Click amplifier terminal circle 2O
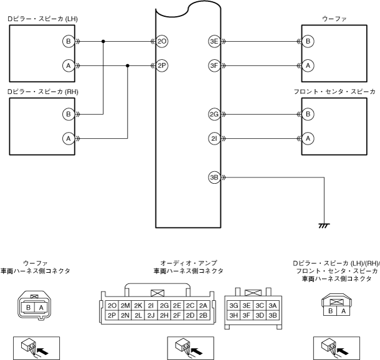pyautogui.click(x=162, y=42)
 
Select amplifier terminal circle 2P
pyautogui.click(x=162, y=65)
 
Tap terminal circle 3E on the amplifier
pyautogui.click(x=214, y=42)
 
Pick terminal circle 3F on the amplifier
pyautogui.click(x=214, y=65)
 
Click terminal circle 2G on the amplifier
pyautogui.click(x=214, y=114)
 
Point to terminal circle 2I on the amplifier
pyautogui.click(x=214, y=138)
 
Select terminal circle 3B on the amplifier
pyautogui.click(x=214, y=178)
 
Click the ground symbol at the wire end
pyautogui.click(x=324, y=226)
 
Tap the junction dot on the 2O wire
pyautogui.click(x=103, y=42)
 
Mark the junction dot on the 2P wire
pyautogui.click(x=128, y=65)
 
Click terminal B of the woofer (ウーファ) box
pyautogui.click(x=308, y=42)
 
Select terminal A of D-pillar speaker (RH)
pyautogui.click(x=69, y=138)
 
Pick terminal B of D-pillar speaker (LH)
pyautogui.click(x=69, y=42)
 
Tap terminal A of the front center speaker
pyautogui.click(x=308, y=138)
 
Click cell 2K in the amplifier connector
pyautogui.click(x=138, y=306)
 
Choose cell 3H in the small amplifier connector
pyautogui.click(x=234, y=315)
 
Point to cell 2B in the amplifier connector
pyautogui.click(x=203, y=315)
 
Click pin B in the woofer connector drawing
pyautogui.click(x=29, y=308)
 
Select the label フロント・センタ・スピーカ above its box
pyautogui.click(x=335, y=92)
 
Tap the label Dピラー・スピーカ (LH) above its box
pyautogui.click(x=42, y=19)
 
